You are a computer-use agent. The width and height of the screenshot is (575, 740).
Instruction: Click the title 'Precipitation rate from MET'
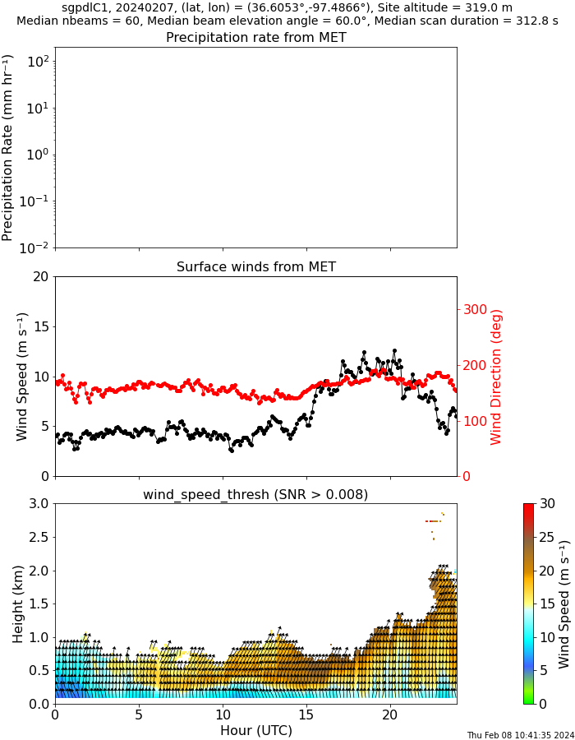(255, 38)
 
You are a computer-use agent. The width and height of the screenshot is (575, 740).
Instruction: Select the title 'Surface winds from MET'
(255, 267)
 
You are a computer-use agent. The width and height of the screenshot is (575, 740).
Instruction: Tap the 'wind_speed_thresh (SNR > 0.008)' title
(255, 494)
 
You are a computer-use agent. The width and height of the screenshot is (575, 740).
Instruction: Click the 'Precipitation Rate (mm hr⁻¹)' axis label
(8, 147)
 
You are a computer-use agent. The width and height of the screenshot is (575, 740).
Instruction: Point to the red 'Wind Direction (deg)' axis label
(496, 377)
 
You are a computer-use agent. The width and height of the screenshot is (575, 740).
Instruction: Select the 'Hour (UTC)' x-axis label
(255, 730)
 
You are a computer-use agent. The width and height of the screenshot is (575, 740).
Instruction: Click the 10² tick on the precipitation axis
(38, 62)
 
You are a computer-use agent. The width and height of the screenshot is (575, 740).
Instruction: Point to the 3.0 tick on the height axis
(38, 504)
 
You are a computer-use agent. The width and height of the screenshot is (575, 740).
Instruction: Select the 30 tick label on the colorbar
(548, 504)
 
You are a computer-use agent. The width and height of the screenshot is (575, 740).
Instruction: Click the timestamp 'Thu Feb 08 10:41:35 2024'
(520, 735)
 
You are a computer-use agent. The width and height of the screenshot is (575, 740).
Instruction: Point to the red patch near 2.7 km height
(434, 521)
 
